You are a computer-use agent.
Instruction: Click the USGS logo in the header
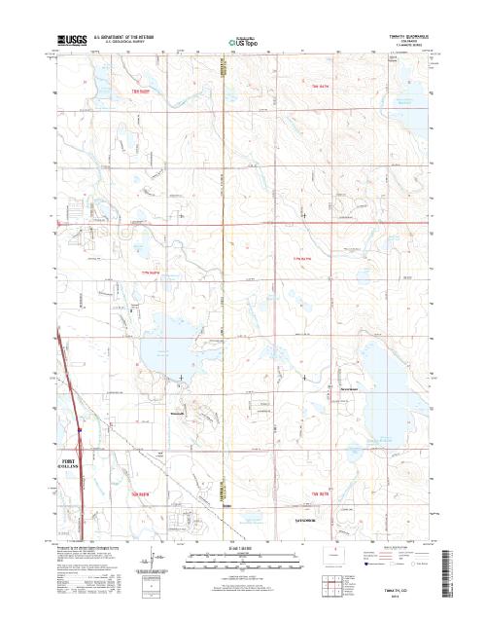click(74, 41)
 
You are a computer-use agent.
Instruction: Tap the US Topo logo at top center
click(245, 42)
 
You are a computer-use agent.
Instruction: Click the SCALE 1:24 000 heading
click(244, 550)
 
